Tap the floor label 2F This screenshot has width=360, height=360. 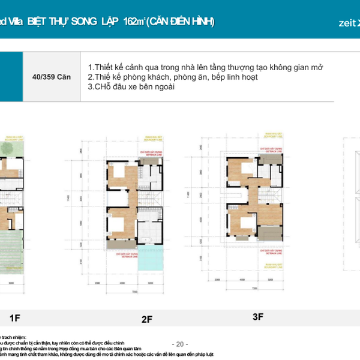(x=146, y=320)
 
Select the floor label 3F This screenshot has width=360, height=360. (x=257, y=317)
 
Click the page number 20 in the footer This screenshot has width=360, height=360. (x=180, y=344)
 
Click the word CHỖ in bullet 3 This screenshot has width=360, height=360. (x=99, y=87)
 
